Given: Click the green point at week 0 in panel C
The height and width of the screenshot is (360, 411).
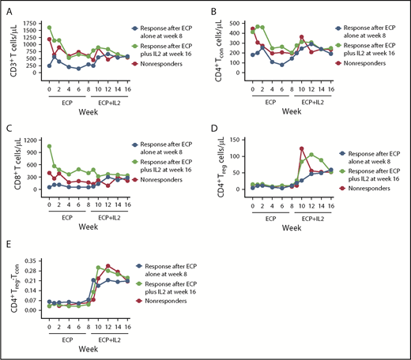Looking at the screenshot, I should tap(49, 146).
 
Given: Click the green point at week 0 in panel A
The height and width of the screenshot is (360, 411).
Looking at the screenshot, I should tap(49, 28).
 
